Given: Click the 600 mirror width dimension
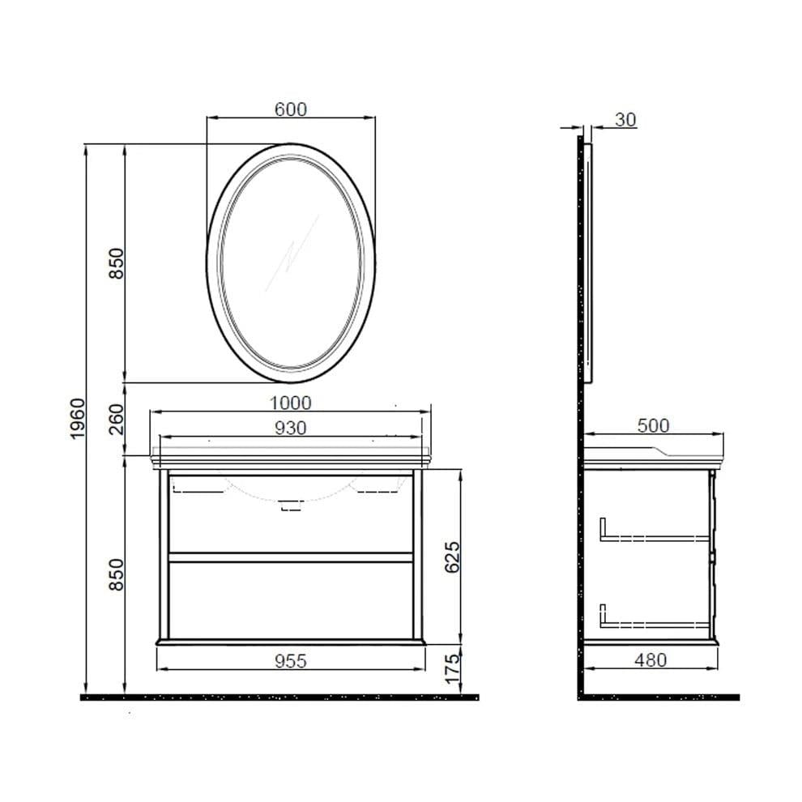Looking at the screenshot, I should [x=290, y=109].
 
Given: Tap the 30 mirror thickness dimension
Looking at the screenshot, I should [x=625, y=120].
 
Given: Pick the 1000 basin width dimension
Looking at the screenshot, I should [x=290, y=403].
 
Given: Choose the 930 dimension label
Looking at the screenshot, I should [x=290, y=429].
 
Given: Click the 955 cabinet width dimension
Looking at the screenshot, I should [x=290, y=661].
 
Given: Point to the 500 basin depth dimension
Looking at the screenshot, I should [x=652, y=426].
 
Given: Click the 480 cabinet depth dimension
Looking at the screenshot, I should [x=650, y=661].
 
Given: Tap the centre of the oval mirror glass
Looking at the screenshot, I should [x=291, y=262].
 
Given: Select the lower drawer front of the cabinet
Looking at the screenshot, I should [x=290, y=599].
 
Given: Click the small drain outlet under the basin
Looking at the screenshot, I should [x=290, y=506].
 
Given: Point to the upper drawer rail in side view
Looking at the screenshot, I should [x=652, y=535].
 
